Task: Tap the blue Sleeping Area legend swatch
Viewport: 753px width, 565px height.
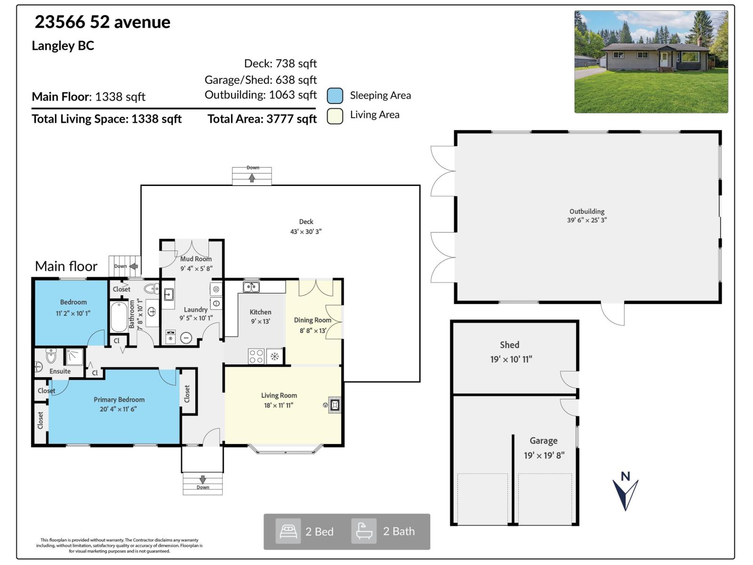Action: [x=335, y=96]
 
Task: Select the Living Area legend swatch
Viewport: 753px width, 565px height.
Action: [x=335, y=116]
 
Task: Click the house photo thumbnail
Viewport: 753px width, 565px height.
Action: [x=651, y=62]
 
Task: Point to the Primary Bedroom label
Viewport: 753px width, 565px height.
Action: [x=119, y=400]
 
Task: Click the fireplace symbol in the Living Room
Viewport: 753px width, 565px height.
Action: [x=335, y=405]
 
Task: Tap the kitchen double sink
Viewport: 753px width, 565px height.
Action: [x=251, y=287]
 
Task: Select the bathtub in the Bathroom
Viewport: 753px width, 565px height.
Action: [x=119, y=317]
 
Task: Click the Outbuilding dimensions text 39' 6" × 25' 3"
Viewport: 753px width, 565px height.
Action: [x=587, y=220]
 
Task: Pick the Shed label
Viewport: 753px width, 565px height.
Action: [x=509, y=345]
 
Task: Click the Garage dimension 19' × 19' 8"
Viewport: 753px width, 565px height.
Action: [x=544, y=455]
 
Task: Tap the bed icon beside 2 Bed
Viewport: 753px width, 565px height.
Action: [x=288, y=532]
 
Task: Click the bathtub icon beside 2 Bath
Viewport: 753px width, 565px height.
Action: [x=364, y=532]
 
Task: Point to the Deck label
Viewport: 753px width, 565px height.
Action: [x=306, y=222]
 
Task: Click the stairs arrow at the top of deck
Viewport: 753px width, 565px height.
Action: [x=252, y=178]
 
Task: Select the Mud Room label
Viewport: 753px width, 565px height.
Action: [x=196, y=259]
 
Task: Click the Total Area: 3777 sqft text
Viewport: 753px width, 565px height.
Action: [x=262, y=119]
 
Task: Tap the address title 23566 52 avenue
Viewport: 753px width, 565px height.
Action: [x=102, y=22]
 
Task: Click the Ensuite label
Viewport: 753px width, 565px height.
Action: [x=60, y=371]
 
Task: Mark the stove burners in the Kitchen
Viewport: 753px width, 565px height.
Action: [x=256, y=356]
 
